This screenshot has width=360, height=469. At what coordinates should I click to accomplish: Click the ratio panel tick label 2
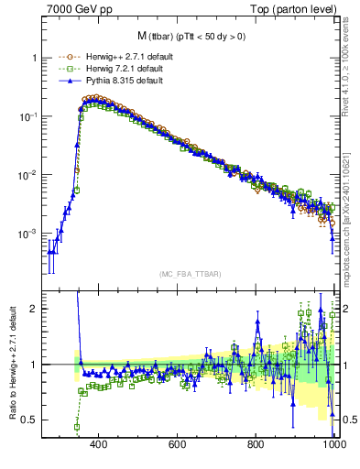click(33, 309)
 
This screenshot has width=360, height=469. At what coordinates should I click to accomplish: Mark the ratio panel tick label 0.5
click(29, 420)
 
